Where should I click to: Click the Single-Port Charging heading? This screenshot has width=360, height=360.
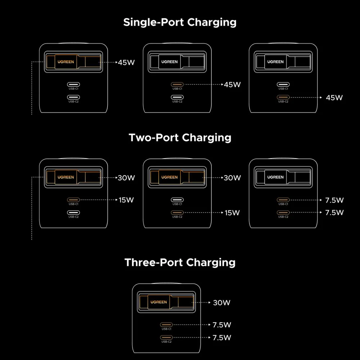coord(180,22)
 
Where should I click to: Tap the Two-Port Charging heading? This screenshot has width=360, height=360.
coord(180,138)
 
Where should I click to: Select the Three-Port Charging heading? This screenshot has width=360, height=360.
coord(180,263)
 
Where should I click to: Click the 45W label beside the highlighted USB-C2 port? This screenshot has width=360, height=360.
coord(334,98)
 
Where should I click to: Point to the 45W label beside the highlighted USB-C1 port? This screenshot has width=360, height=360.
coord(232,85)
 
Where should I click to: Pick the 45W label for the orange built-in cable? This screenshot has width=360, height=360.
coord(126,62)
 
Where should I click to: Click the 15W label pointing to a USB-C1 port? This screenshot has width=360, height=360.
coord(126,200)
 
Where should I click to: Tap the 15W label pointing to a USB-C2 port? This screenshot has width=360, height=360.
coord(232,213)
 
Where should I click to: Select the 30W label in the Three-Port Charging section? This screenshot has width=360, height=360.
coord(221,303)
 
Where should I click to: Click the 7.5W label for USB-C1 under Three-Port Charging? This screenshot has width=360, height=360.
coord(222,325)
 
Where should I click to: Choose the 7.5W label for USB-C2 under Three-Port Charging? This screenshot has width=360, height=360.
coord(222,338)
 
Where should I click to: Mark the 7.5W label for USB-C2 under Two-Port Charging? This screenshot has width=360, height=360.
coord(334,213)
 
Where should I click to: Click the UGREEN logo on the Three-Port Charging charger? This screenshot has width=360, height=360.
coord(159,302)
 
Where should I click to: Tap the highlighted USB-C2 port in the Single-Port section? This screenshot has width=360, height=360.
coord(283,97)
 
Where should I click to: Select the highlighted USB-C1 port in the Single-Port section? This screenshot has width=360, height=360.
coord(177,85)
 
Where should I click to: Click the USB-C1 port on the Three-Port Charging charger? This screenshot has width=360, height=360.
coord(166,325)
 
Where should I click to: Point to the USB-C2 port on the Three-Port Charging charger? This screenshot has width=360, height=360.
coord(166,338)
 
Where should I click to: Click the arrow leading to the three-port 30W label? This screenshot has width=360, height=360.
coord(201,303)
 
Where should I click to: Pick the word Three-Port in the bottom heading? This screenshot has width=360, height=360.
coord(153,262)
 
